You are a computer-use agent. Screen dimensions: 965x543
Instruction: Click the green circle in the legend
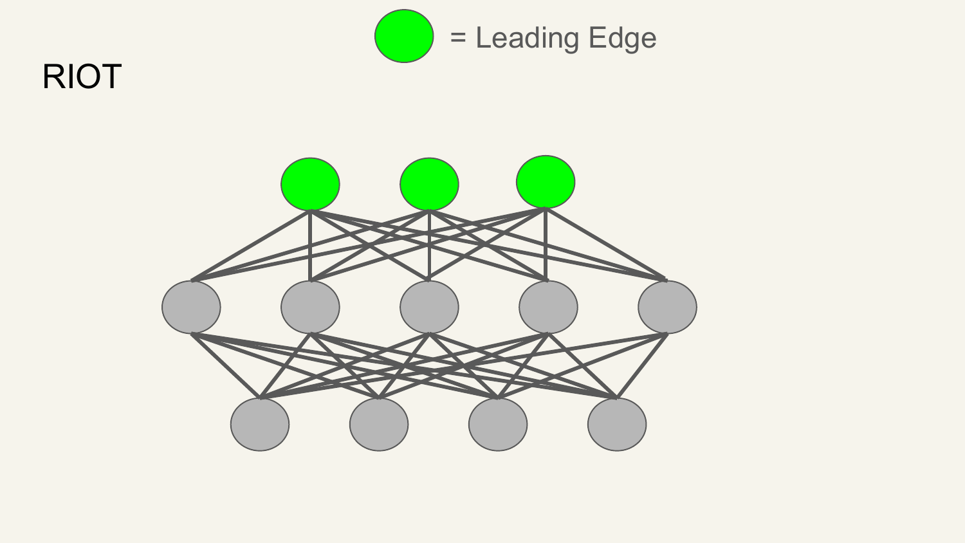[x=404, y=36]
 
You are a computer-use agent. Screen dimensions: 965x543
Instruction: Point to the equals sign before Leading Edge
[x=458, y=37]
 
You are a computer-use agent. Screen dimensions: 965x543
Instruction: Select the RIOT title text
[x=82, y=77]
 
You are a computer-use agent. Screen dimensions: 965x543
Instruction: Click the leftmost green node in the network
[x=310, y=184]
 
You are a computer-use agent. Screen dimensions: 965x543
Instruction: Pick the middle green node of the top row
[x=429, y=184]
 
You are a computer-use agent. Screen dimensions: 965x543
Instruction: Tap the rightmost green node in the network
[x=546, y=182]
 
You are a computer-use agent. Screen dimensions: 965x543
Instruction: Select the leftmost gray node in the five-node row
[x=191, y=307]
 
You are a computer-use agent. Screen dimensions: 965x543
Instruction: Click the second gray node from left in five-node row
[x=310, y=307]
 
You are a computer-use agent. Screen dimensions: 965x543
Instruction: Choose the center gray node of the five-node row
[x=429, y=307]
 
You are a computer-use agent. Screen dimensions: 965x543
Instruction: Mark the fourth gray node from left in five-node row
[x=548, y=307]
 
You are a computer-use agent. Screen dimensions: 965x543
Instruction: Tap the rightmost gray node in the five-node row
[x=667, y=307]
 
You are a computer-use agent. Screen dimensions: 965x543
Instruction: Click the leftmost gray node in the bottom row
[x=260, y=425]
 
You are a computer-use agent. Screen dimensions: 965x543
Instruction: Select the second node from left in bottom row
[x=379, y=425]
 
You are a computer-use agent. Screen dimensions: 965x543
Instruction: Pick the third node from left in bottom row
[x=497, y=425]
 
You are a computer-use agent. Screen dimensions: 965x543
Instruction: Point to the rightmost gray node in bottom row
[x=617, y=425]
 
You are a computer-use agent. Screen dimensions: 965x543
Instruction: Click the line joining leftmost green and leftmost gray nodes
[x=251, y=246]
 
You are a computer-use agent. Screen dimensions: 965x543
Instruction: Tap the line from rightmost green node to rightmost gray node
[x=606, y=244]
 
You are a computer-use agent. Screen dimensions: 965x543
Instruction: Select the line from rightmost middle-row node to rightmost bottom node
[x=642, y=366]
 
